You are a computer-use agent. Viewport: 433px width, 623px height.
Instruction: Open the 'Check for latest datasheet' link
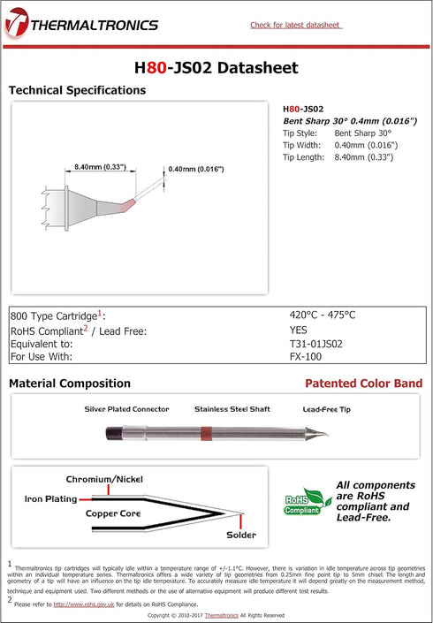(x=295, y=25)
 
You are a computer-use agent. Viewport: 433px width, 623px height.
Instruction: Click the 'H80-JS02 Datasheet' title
(x=216, y=68)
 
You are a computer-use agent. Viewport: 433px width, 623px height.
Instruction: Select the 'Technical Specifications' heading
(x=77, y=90)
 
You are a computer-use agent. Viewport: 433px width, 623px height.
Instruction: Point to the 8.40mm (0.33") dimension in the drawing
(x=100, y=167)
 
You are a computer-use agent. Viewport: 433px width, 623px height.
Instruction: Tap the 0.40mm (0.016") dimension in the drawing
(x=195, y=169)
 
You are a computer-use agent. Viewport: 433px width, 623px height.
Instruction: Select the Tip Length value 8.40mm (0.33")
(x=364, y=157)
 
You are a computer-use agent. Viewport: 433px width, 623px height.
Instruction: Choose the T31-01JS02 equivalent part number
(x=316, y=344)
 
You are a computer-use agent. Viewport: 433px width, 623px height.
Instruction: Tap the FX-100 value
(x=306, y=357)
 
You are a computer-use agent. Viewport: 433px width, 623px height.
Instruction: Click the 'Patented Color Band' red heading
(x=363, y=384)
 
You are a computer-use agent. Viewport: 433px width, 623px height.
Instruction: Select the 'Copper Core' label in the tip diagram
(x=114, y=513)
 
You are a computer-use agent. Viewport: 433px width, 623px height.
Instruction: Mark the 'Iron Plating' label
(x=50, y=499)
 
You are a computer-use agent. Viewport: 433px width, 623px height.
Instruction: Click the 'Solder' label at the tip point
(x=240, y=535)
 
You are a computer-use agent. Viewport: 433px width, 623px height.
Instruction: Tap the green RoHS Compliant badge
(x=301, y=503)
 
